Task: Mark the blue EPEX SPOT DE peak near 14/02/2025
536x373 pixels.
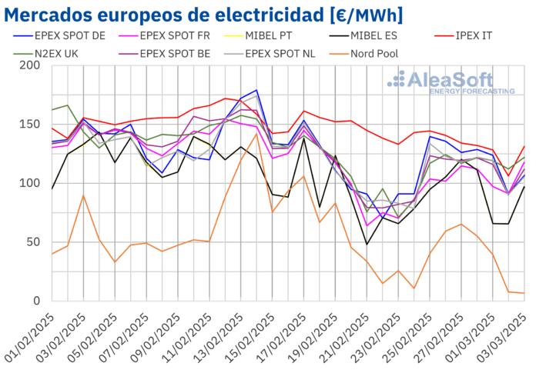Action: tap(257, 90)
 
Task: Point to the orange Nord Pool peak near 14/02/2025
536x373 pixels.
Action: tap(257, 134)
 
